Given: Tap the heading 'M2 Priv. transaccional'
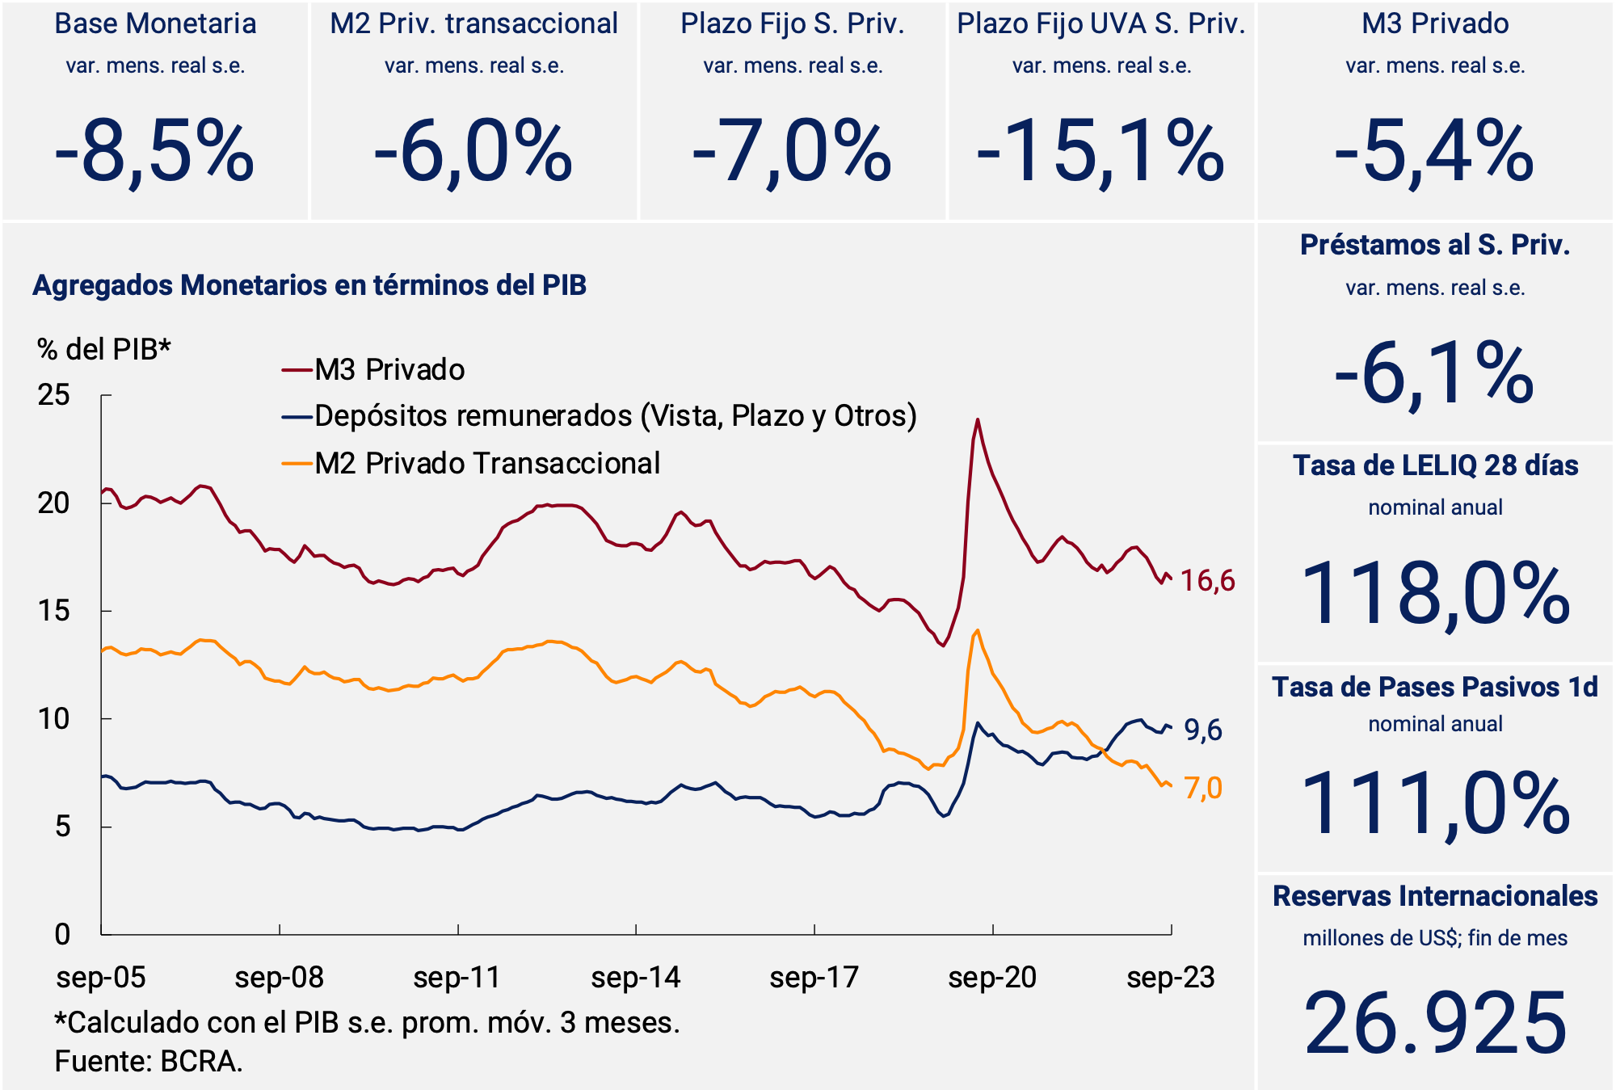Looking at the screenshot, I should tap(473, 23).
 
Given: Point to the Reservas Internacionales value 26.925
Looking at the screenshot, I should tap(1435, 1023).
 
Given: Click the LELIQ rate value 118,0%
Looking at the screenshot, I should tap(1435, 594).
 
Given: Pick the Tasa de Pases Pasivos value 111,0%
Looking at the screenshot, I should tap(1435, 803).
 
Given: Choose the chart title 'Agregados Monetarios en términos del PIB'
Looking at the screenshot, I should tap(309, 285).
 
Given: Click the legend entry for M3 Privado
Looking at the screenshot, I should tap(389, 370).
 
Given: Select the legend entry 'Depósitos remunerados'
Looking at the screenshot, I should tap(615, 416).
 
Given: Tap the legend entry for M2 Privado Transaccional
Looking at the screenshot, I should tap(486, 464).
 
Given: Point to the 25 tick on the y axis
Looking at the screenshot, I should tap(54, 395).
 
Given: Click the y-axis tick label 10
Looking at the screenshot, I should tap(54, 718).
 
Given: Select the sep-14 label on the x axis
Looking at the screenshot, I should tap(636, 978).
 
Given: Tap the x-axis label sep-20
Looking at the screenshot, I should tap(992, 978).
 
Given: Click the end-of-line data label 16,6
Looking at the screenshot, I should tap(1208, 580).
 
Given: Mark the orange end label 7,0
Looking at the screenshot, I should tap(1203, 788).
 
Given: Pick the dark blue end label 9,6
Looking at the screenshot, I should tap(1203, 730).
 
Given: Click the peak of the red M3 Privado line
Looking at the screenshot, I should tap(978, 419).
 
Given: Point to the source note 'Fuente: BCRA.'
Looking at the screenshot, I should tap(149, 1061).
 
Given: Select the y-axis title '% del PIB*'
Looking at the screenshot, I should tap(104, 349).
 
